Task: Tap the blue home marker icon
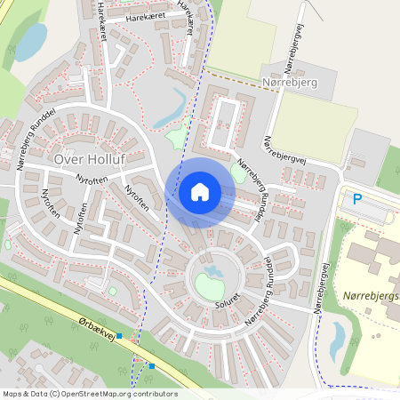click(199, 192)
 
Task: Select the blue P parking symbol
click(357, 200)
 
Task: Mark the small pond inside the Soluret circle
click(212, 268)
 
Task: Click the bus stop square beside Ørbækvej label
click(119, 337)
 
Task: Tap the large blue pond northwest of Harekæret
click(31, 41)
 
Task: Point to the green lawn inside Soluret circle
click(209, 286)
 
